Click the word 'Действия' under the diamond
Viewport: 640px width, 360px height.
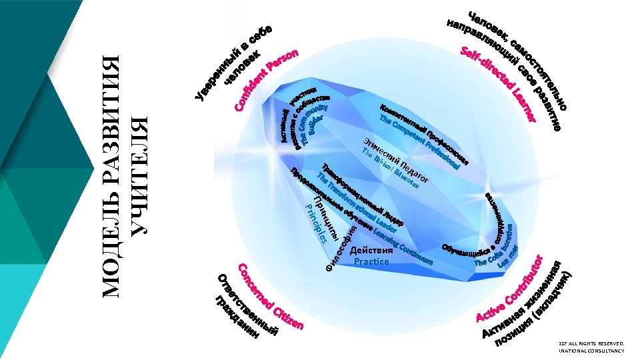click(x=371, y=251)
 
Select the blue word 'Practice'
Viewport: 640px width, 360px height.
click(x=371, y=262)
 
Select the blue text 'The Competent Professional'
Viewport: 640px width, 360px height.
click(x=419, y=141)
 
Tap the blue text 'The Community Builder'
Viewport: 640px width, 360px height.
click(x=313, y=120)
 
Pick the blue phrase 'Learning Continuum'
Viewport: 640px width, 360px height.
click(x=403, y=246)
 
